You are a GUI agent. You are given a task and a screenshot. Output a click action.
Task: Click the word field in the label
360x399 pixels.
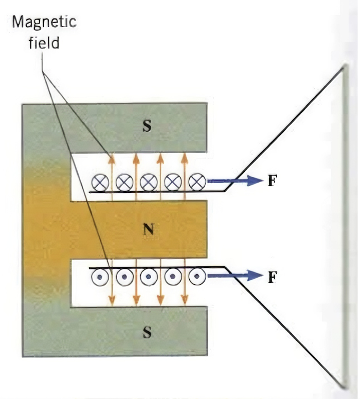point(44,42)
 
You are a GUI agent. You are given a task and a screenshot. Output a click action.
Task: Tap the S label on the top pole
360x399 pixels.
point(148,127)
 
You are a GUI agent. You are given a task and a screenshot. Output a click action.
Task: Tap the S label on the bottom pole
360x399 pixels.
point(148,333)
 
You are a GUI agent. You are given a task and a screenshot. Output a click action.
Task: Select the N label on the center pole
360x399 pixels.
point(148,231)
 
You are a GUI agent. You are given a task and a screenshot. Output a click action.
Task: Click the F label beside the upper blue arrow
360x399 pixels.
point(273,181)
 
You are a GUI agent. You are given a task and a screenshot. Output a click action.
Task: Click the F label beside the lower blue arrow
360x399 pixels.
point(273,278)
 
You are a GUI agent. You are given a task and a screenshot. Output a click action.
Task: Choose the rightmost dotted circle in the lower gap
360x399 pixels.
point(197,278)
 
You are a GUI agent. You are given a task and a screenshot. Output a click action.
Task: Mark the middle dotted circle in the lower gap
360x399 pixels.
point(148,278)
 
